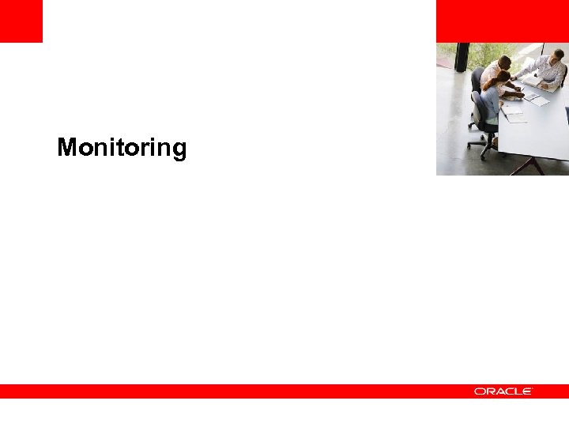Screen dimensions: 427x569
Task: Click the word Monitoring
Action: click(122, 148)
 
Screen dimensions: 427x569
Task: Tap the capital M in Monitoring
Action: click(66, 147)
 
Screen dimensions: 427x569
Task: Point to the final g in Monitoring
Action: click(179, 150)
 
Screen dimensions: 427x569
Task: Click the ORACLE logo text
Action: click(503, 391)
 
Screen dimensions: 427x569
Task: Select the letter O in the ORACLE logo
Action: click(479, 391)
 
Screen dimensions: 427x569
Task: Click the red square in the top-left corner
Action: click(21, 21)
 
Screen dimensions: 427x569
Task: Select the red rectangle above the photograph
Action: click(502, 21)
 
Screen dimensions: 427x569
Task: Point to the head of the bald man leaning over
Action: click(505, 62)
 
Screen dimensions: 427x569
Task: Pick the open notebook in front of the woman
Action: click(514, 114)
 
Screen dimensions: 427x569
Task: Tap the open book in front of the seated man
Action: click(546, 84)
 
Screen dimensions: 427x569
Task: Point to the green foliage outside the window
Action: click(482, 54)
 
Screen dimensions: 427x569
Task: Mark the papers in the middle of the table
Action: click(537, 100)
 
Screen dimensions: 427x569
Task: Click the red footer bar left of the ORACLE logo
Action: click(229, 391)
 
